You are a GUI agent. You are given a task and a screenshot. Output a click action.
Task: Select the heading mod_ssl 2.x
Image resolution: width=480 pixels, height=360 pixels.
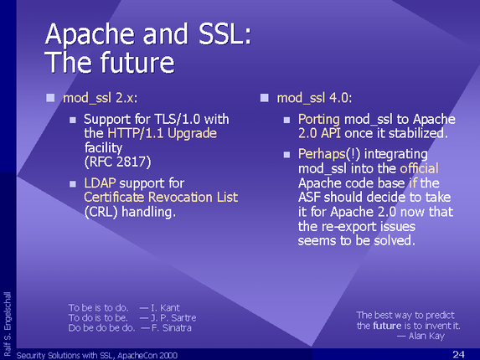100,98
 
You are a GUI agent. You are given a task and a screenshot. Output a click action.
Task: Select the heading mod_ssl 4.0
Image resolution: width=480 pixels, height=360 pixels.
314,98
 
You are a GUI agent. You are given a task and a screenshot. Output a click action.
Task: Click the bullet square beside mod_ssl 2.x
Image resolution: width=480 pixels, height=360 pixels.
50,98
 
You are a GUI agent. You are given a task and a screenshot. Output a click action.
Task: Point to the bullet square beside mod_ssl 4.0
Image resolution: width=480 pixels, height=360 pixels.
264,98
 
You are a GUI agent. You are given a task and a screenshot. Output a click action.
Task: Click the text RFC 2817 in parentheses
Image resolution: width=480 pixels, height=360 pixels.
118,162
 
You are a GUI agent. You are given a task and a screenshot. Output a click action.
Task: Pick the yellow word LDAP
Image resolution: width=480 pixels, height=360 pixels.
100,183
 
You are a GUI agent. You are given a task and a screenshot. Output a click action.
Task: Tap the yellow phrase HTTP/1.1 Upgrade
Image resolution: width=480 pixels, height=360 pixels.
162,133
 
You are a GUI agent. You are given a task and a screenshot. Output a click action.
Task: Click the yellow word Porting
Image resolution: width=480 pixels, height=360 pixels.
319,119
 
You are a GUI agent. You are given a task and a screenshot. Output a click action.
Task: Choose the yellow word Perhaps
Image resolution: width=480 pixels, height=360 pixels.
322,154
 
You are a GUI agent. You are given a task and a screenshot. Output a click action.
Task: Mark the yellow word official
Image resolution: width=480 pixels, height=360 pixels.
419,168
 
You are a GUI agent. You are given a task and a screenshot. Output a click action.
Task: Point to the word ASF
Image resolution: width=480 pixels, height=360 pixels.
309,198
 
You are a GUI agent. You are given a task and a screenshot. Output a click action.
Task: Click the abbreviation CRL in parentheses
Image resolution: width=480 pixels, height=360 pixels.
101,212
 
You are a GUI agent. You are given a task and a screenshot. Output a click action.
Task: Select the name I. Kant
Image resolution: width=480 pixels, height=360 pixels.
166,308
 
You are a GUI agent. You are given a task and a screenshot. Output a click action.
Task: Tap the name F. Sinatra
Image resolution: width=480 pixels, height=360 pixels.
172,328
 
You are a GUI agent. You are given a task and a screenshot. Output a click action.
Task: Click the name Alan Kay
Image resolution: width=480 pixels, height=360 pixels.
426,337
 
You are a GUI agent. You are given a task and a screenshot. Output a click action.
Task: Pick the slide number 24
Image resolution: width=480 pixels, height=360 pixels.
458,354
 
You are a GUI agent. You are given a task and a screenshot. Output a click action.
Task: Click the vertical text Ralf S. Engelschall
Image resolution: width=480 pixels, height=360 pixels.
8,324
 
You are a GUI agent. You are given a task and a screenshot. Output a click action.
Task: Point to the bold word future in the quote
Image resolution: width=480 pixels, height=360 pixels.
387,326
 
